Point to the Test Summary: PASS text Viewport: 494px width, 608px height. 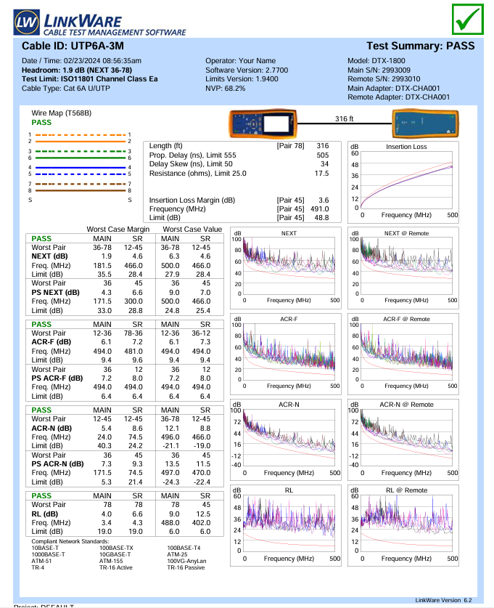(x=421, y=46)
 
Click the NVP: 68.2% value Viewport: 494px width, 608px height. (x=226, y=88)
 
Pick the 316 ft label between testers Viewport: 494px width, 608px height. (x=344, y=118)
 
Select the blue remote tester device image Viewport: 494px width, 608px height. (x=426, y=125)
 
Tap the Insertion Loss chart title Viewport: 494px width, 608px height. (x=406, y=147)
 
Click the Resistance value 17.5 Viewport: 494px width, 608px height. (x=321, y=174)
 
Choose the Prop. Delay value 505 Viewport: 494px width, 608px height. (x=323, y=155)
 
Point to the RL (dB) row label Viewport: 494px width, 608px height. (x=47, y=513)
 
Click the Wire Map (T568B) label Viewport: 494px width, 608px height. (x=62, y=113)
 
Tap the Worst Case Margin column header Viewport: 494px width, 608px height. (x=118, y=229)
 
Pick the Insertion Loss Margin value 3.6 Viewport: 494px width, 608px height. (x=324, y=200)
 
